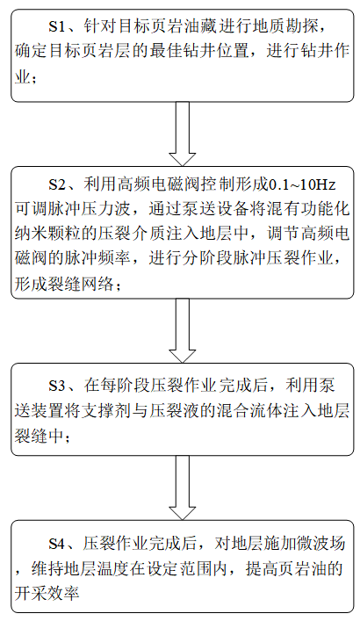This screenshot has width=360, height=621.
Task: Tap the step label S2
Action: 56,184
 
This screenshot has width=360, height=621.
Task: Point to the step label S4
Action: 56,544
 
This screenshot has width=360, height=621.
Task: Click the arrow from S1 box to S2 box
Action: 182,134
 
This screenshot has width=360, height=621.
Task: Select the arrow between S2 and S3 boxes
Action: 182,330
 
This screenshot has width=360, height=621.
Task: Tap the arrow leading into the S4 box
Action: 182,487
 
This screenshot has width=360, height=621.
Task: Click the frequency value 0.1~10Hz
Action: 303,184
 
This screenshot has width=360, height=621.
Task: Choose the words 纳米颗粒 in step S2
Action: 47,234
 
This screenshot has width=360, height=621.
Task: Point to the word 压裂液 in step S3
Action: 174,410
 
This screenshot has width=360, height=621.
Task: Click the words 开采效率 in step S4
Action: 47,593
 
